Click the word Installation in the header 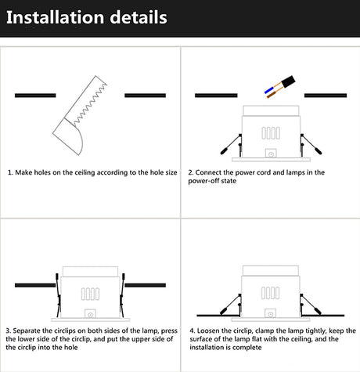(x=55, y=17)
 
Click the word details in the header (x=139, y=17)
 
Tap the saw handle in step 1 (x=68, y=136)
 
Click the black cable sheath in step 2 (x=288, y=81)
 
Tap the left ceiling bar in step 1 (x=35, y=96)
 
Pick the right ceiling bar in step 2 (x=326, y=96)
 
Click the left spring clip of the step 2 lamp (x=231, y=144)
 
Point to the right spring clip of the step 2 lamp (x=311, y=144)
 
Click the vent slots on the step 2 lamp (x=271, y=133)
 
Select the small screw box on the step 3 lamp (x=90, y=314)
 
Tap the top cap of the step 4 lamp (x=271, y=271)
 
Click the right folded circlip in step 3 (x=122, y=295)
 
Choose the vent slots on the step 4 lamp (x=270, y=293)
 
